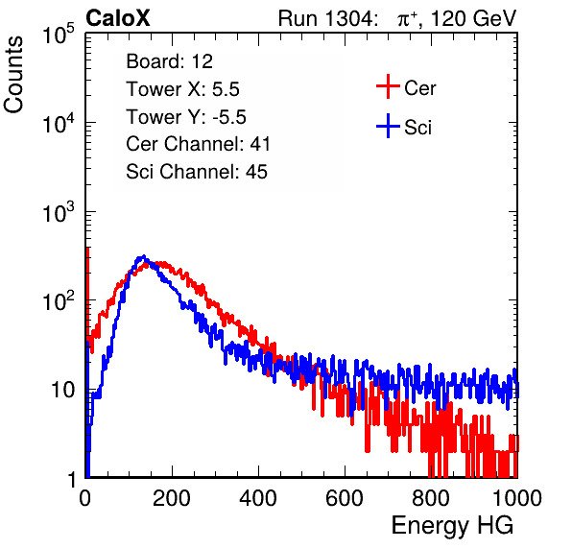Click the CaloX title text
point(117,18)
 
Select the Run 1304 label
point(326,18)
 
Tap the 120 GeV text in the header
point(473,18)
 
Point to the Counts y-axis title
point(13,75)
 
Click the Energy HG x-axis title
point(452,526)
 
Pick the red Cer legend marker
point(388,86)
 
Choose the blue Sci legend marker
point(388,127)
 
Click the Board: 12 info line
point(169,61)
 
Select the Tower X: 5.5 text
point(182,89)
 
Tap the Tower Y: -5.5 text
point(186,117)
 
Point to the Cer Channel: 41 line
point(198,144)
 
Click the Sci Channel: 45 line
point(197,172)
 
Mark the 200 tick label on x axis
point(172,498)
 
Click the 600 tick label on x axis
point(345,498)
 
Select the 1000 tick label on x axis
point(517,498)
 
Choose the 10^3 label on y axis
point(59,212)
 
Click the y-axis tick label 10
point(62,391)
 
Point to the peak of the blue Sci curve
point(143,256)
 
